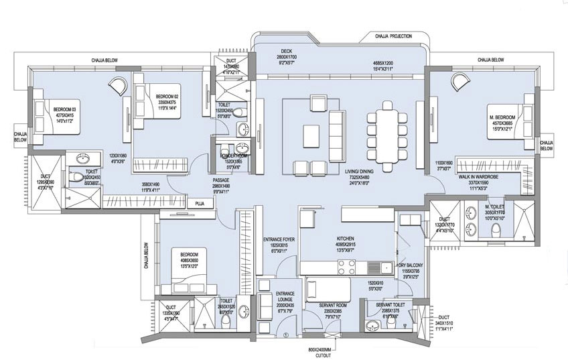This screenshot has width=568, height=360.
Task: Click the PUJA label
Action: [200, 204]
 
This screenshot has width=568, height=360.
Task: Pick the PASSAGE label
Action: [222, 180]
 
